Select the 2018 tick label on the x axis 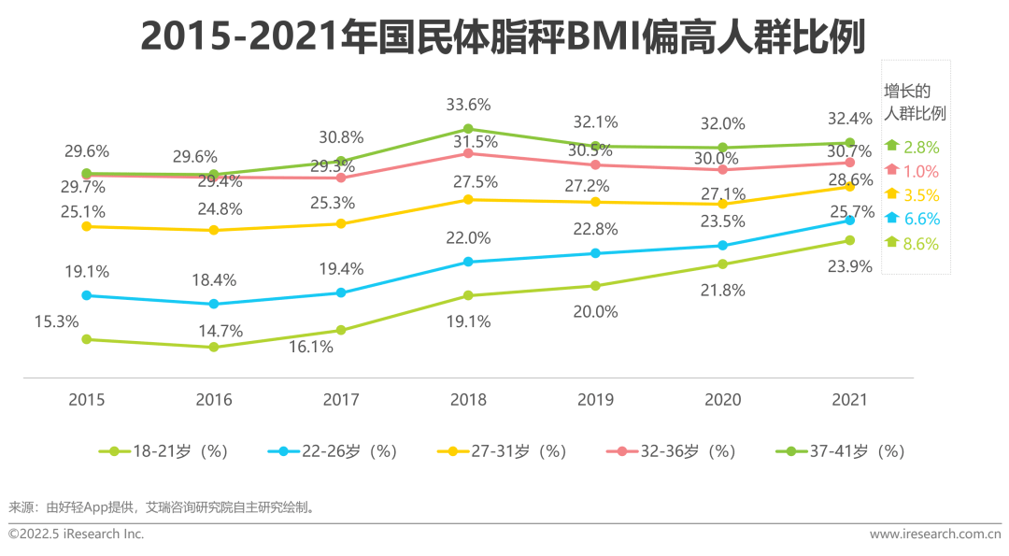point(468,400)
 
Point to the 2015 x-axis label point(87,400)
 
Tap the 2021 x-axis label point(848,400)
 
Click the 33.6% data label point(468,104)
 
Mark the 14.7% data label point(214,331)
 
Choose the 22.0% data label point(468,238)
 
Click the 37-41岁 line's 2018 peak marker point(468,129)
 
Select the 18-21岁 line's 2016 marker point(214,347)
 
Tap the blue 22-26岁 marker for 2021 point(849,221)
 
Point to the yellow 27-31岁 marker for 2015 point(87,226)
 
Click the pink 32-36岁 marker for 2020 point(722,169)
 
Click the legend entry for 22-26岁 point(333,451)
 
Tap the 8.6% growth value point(921,244)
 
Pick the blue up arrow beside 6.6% point(891,218)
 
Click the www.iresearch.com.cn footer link point(934,534)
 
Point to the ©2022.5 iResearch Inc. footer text point(77,534)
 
